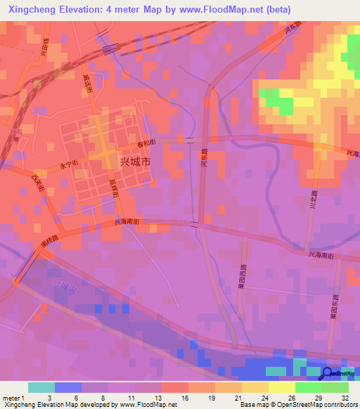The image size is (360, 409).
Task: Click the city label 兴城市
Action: [x=135, y=161]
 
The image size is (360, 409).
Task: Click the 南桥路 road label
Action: [x=50, y=242]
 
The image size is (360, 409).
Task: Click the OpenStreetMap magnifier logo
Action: [x=327, y=374]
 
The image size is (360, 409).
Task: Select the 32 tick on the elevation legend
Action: [x=345, y=398]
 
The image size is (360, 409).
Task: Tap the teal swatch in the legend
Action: [x=41, y=387]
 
